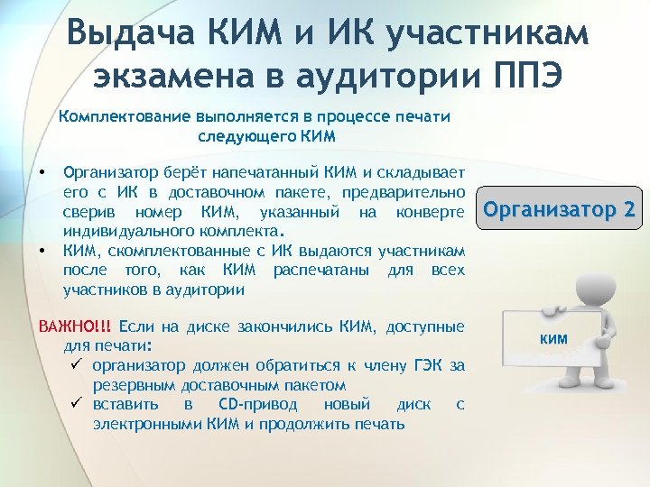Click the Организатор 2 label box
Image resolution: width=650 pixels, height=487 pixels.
pyautogui.click(x=560, y=211)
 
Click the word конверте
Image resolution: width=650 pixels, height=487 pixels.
pyautogui.click(x=431, y=212)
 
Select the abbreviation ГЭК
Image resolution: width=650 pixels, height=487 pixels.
pyautogui.click(x=427, y=365)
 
